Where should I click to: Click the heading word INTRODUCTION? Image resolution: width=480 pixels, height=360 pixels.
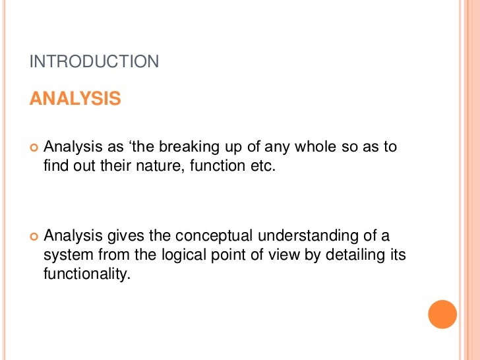coord(95,62)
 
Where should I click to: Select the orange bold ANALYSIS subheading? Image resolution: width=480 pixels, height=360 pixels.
coord(75,99)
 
